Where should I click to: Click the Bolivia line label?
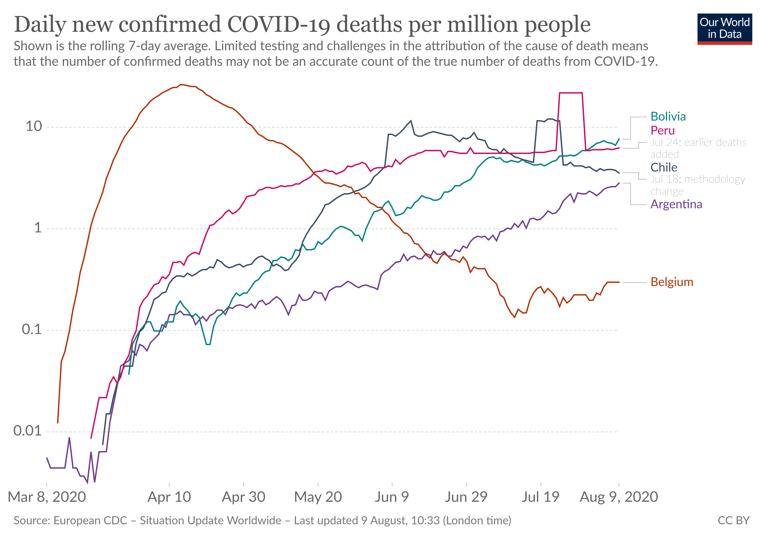coord(668,117)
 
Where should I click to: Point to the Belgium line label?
coord(672,282)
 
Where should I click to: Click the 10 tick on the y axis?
coord(34,126)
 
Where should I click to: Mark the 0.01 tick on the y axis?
coord(27,431)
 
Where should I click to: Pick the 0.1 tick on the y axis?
coord(32,329)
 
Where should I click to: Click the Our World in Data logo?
coord(724,29)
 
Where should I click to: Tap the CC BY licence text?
coord(733,520)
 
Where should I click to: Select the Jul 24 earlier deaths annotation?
coord(698,148)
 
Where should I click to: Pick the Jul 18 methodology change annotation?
coord(697,185)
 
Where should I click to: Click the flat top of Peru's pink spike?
coord(571,93)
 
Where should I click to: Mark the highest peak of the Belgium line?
coord(182,85)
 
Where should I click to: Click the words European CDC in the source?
coord(90,520)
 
